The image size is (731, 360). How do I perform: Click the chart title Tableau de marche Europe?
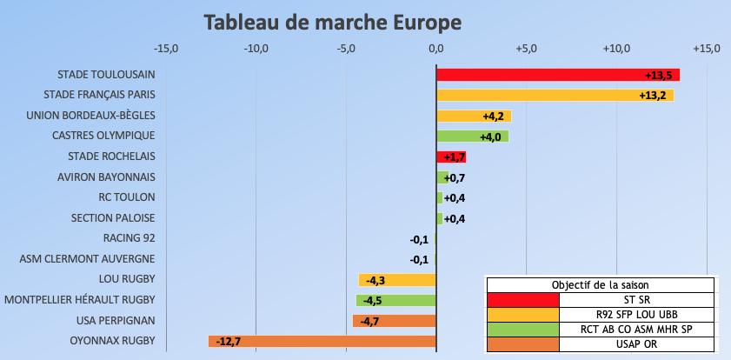coord(333,21)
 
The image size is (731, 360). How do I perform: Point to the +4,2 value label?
coord(494,116)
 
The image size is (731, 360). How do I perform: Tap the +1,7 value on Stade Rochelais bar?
coord(454,157)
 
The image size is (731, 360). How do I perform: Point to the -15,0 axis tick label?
coord(166,48)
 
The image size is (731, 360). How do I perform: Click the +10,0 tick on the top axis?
coord(616,48)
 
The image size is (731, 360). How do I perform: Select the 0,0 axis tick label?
coord(436,48)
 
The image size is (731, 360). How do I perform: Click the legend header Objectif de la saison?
coord(600,285)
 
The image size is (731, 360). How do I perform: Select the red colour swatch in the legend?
coord(522,300)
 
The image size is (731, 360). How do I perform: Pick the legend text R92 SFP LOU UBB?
coord(637,314)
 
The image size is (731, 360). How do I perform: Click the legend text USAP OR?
coord(637,343)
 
